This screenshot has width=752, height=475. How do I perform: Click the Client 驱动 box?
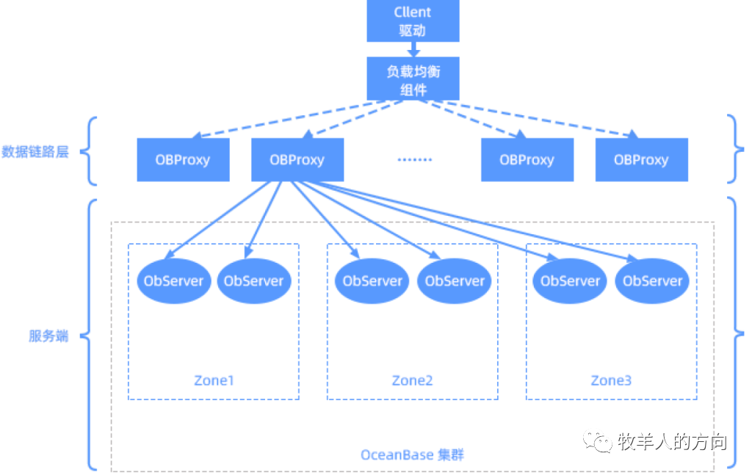[x=413, y=21]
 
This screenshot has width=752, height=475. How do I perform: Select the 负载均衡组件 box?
[x=413, y=79]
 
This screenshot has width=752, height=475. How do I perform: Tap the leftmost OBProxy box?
[x=183, y=159]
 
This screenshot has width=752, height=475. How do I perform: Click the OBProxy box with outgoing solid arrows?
[x=297, y=159]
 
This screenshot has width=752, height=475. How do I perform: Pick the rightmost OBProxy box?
[x=641, y=159]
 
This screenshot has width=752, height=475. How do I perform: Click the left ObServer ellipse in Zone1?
[x=174, y=280]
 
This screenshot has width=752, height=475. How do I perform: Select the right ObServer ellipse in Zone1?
[x=254, y=280]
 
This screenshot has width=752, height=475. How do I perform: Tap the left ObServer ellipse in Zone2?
[x=372, y=280]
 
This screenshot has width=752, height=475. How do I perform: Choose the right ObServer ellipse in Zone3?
[x=652, y=280]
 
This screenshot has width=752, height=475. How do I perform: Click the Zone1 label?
[x=214, y=380]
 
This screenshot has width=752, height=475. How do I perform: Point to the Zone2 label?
[x=412, y=380]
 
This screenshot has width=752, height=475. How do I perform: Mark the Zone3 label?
[x=611, y=380]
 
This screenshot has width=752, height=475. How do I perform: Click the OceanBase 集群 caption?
[x=412, y=455]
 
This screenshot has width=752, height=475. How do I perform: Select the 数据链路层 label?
[x=35, y=152]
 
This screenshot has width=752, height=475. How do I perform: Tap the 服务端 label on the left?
[x=48, y=336]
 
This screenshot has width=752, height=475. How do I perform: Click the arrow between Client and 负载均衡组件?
[x=413, y=49]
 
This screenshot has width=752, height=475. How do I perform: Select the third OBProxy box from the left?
[x=527, y=159]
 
